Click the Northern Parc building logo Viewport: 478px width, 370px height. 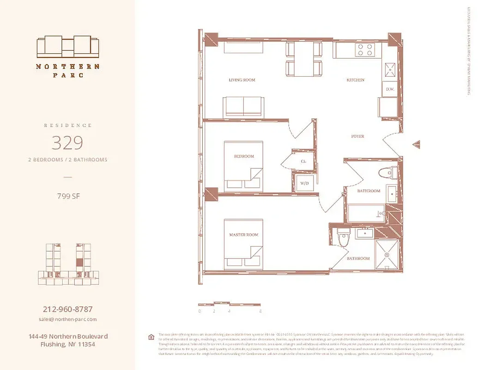coord(68,46)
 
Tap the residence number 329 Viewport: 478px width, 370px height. coord(67,143)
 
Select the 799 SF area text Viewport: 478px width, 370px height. coord(67,196)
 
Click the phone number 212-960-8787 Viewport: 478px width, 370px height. coord(67,309)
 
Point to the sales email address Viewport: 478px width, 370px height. coord(67,319)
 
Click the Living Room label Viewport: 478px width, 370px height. coord(242,80)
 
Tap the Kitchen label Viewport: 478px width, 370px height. coord(356,80)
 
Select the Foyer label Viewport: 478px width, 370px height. coord(357,136)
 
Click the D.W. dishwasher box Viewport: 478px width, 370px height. coord(389,89)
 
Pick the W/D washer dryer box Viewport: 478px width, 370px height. coord(305,183)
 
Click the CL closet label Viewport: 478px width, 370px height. coord(303,161)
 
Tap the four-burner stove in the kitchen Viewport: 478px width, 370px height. coord(364,50)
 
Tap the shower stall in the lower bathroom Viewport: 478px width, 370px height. coord(387,254)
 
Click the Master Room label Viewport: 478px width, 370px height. coord(244,235)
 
